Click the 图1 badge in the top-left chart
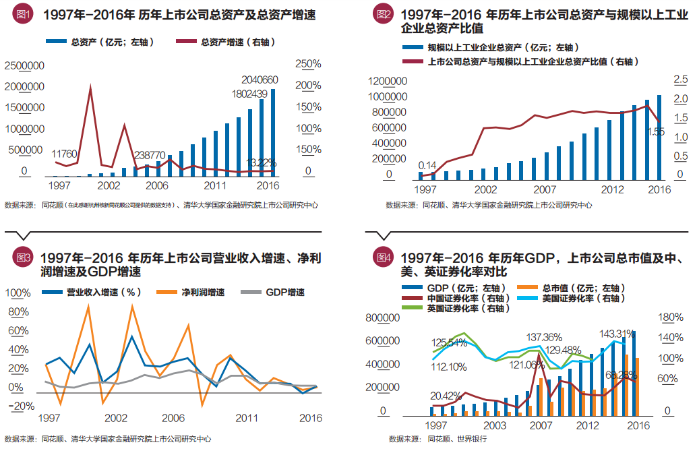pyautogui.click(x=23, y=14)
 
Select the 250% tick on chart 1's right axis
pyautogui.click(x=308, y=65)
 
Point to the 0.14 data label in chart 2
pyautogui.click(x=427, y=164)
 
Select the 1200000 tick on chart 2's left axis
pyautogui.click(x=389, y=81)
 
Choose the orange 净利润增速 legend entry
pyautogui.click(x=202, y=293)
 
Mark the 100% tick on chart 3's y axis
pyautogui.click(x=18, y=293)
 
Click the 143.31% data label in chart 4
pyautogui.click(x=617, y=333)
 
